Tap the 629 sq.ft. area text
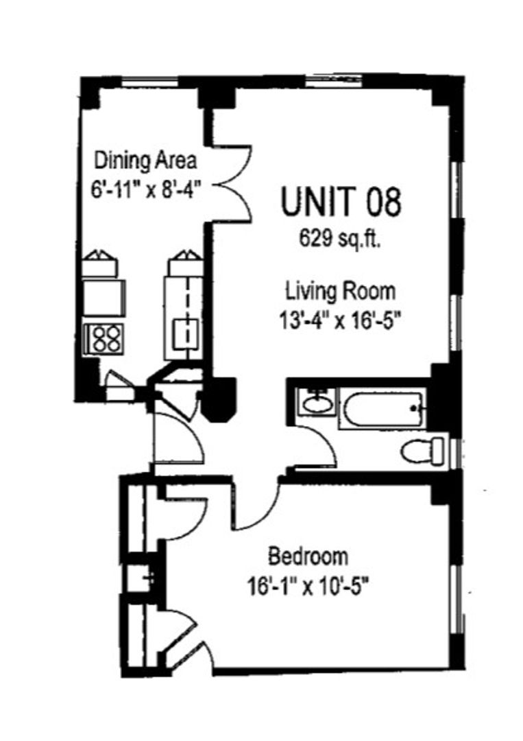pos(341,241)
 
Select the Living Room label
pos(341,292)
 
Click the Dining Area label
pos(145,161)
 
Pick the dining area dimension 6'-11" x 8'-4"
pos(146,191)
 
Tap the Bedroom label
pos(308,556)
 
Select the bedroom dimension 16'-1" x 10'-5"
pos(307,589)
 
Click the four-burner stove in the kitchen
pos(105,339)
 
